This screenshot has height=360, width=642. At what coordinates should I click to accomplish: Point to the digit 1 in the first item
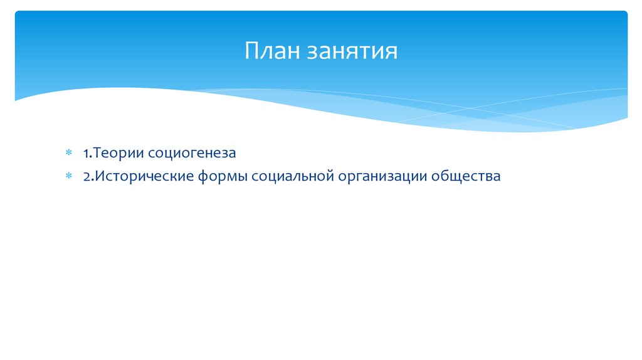(85, 153)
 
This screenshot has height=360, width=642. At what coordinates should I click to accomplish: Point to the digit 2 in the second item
(85, 177)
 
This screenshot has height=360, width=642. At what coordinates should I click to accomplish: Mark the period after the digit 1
(90, 156)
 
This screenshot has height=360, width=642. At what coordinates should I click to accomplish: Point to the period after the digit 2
(90, 180)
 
